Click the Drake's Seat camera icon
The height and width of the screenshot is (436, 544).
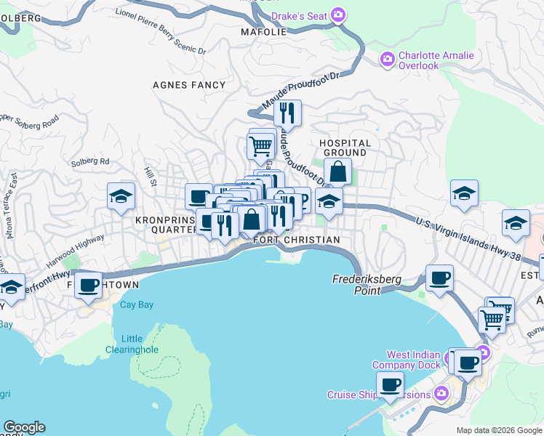pos(338,15)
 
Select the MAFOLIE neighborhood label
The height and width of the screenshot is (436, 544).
pos(260,33)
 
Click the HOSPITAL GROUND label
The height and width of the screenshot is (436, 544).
pos(345,148)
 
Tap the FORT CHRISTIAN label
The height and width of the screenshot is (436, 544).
pos(296,240)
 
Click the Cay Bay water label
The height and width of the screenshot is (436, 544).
pos(137,304)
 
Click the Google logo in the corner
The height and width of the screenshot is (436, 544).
pos(24,427)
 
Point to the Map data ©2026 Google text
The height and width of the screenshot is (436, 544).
pos(498,430)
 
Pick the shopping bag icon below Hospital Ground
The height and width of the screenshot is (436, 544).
pos(338,172)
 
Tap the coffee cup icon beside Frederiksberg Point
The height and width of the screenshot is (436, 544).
pos(439,278)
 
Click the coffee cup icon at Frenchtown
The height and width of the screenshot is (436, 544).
pos(89,284)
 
